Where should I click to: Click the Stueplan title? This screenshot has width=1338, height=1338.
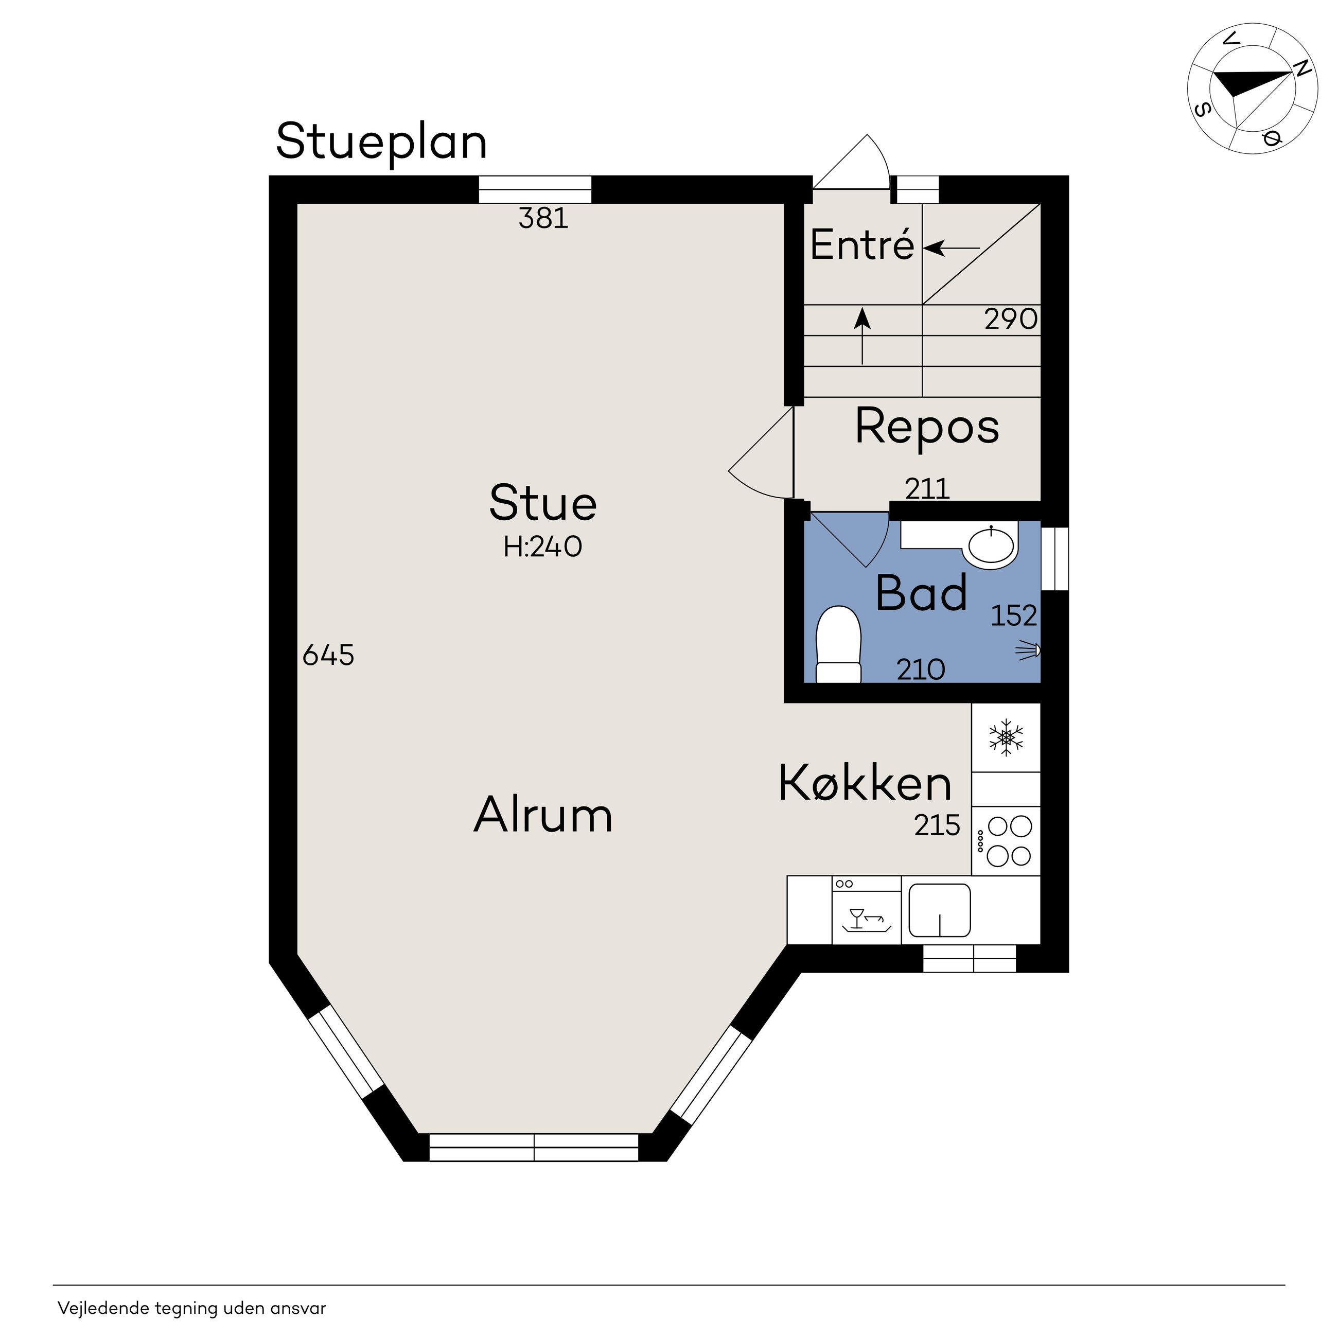coord(382,143)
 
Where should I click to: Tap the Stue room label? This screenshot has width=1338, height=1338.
coord(543,503)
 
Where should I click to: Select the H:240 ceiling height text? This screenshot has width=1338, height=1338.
coord(543,547)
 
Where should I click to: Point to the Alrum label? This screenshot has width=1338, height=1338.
coord(543,815)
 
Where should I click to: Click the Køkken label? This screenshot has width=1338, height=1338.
coord(865,783)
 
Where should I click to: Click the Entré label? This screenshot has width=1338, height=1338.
coord(862,244)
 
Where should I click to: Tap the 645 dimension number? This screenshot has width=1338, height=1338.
coord(328,655)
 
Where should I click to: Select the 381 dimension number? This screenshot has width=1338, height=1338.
coord(543,218)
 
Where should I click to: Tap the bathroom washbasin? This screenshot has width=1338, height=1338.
coord(992,545)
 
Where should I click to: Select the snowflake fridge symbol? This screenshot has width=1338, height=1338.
coord(1006,737)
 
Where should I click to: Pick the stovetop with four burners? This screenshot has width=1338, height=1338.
coord(1006,841)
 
